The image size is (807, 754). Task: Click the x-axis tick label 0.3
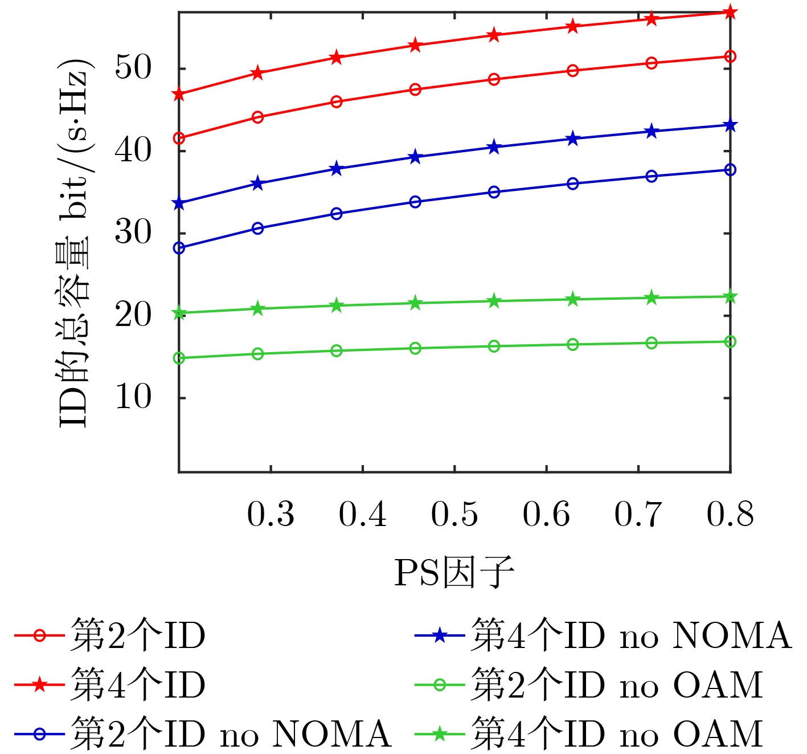tap(271, 514)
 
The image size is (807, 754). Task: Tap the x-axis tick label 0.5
tap(454, 514)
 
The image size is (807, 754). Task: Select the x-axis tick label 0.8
tap(730, 514)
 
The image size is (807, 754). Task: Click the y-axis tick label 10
tap(133, 397)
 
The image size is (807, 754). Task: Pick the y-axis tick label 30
tap(133, 233)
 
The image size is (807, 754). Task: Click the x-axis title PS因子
tap(454, 572)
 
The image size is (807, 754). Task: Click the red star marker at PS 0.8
tap(730, 12)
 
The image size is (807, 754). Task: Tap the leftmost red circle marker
tap(179, 138)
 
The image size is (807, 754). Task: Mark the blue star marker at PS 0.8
tap(730, 125)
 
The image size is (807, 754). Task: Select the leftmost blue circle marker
tap(179, 248)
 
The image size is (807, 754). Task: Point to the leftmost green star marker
tap(179, 313)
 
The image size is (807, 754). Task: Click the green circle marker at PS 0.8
tap(730, 341)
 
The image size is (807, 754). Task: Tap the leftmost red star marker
tap(179, 94)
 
